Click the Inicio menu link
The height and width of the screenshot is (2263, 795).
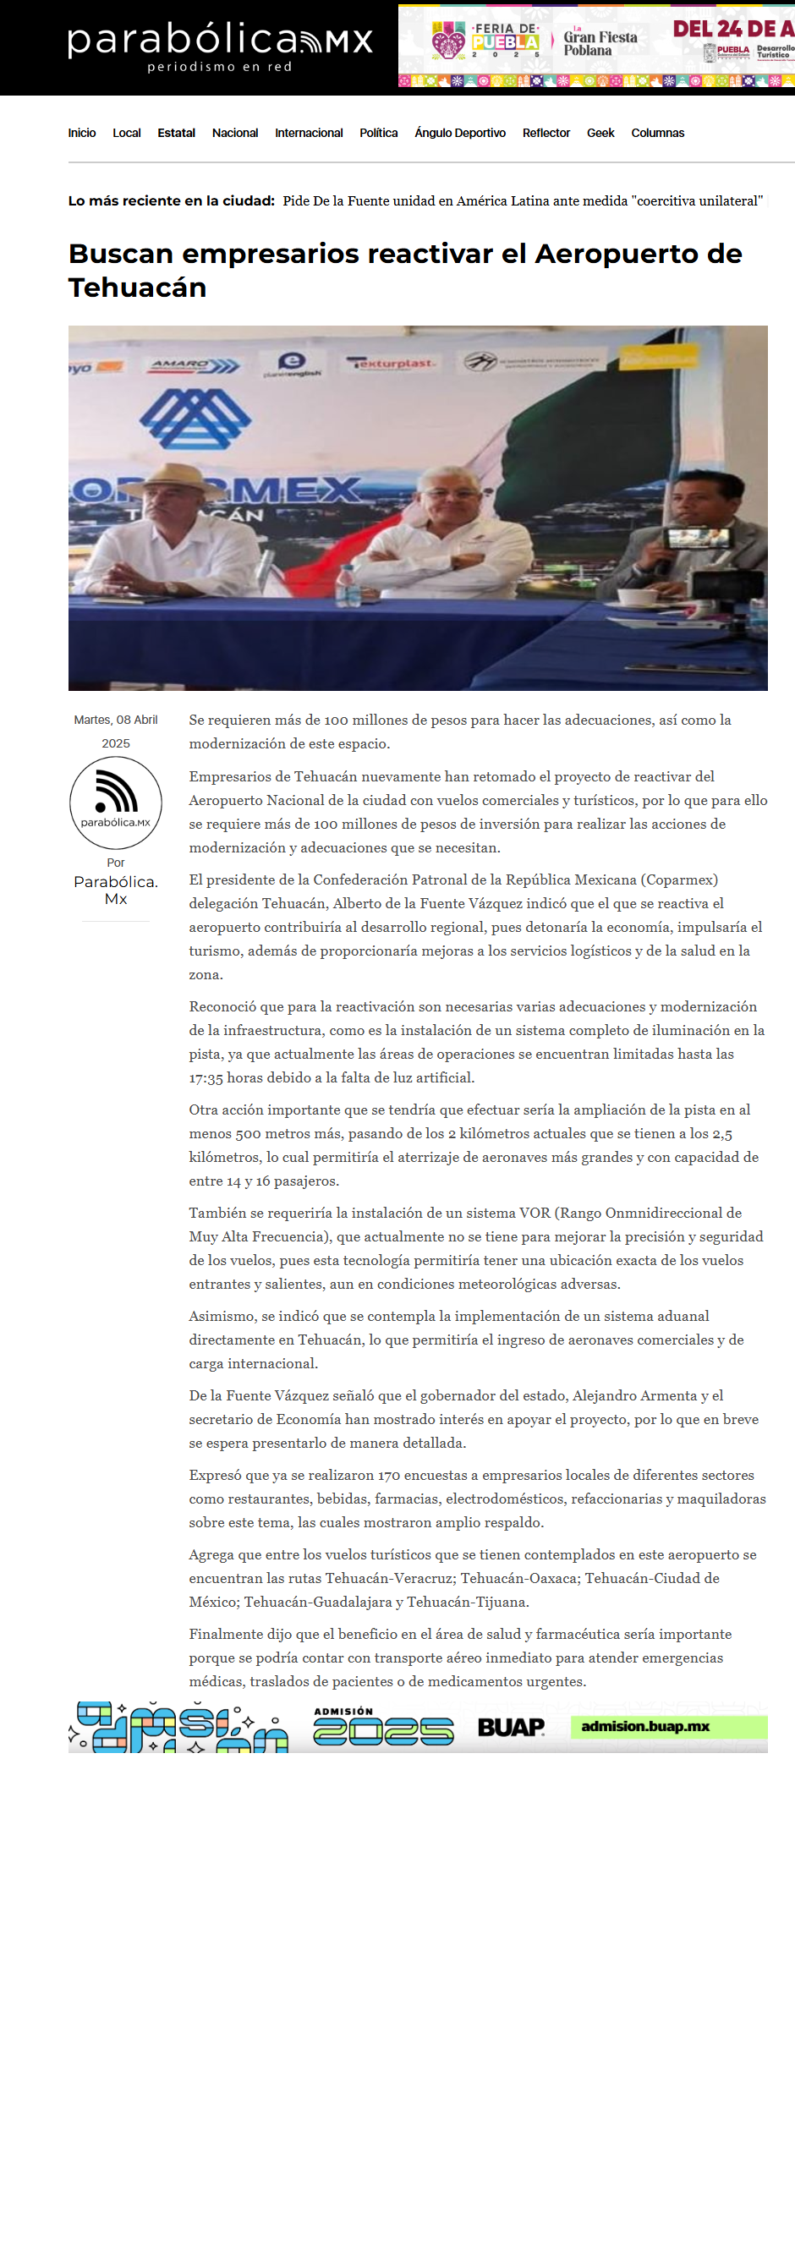[82, 133]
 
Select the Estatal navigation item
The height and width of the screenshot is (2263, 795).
[176, 133]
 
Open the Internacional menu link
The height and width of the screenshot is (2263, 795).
[309, 133]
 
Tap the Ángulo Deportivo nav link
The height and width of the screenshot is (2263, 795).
[459, 133]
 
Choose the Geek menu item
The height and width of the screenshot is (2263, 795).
[600, 133]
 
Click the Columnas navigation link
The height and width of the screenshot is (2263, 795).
[657, 133]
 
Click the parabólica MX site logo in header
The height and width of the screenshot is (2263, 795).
[220, 47]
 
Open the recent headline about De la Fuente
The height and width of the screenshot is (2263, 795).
[522, 201]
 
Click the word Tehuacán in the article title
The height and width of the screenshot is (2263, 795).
[137, 288]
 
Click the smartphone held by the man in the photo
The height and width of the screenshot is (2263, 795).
[698, 537]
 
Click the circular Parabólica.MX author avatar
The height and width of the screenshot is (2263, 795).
[116, 802]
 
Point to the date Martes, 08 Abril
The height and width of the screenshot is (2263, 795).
[115, 720]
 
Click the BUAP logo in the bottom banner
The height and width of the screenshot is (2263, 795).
[510, 1727]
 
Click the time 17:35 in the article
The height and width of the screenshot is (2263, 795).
[206, 1078]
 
